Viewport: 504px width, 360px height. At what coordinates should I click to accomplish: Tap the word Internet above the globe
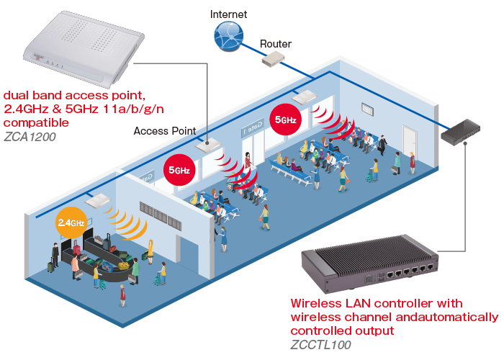click(228, 14)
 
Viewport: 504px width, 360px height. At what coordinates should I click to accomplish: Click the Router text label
click(275, 44)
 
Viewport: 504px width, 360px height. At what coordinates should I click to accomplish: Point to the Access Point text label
click(164, 131)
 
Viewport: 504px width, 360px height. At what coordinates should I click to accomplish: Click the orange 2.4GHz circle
click(72, 222)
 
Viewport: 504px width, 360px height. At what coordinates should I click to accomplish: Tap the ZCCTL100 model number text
click(320, 344)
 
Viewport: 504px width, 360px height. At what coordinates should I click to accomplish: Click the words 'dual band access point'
click(75, 95)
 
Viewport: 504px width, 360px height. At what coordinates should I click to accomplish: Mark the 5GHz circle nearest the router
click(284, 119)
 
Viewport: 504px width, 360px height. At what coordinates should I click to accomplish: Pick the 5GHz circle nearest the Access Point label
click(179, 170)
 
